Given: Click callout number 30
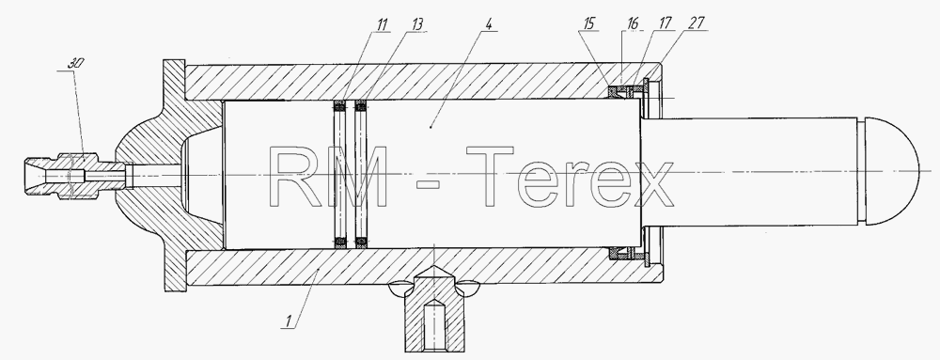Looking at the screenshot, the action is click(75, 63).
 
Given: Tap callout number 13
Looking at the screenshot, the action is click(417, 23).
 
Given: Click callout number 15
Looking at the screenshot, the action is click(588, 23).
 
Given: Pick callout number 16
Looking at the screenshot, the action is click(633, 23).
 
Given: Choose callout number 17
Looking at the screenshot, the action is click(665, 23).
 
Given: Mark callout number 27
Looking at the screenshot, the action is click(697, 23).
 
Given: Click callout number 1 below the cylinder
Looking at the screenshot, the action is click(288, 321).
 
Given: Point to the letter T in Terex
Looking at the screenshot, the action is click(490, 177).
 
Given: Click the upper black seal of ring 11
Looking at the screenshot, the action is click(340, 105).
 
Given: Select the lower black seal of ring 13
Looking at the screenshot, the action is click(361, 243).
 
